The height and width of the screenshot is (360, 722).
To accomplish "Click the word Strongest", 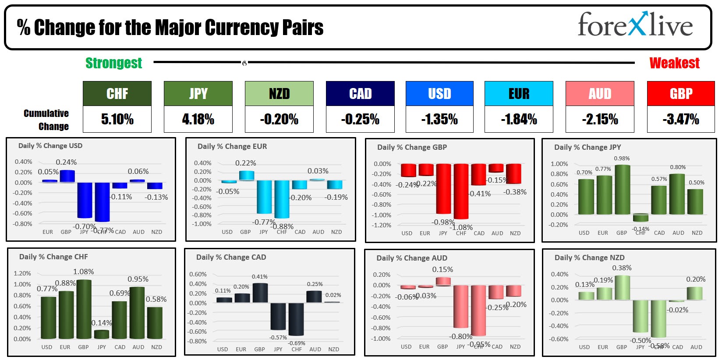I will (113, 63).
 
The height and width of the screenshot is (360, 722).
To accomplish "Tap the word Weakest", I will (674, 63).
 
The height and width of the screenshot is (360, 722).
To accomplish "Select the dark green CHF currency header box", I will (117, 93).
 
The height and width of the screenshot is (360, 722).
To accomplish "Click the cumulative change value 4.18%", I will (198, 119).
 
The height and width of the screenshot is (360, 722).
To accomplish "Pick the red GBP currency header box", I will (681, 93).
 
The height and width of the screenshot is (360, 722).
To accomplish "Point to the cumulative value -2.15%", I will (600, 119).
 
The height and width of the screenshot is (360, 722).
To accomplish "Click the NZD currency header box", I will (279, 93).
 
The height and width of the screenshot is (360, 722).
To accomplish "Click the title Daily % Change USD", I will (50, 146).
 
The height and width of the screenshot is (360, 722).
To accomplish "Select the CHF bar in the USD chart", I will (102, 202).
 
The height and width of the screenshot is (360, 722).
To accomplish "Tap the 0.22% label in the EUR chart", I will (246, 163).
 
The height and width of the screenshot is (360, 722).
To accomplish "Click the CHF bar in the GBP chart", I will (461, 191).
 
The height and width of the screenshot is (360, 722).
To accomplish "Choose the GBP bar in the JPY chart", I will (622, 190).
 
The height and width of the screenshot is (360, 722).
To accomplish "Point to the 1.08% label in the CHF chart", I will (84, 272).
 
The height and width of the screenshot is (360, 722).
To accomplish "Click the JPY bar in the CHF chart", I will (102, 335).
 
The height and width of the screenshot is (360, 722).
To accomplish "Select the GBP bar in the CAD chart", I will (260, 293).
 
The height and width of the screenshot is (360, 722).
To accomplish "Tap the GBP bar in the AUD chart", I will (443, 281).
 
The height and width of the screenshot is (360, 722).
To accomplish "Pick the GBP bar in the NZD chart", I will (622, 288).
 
